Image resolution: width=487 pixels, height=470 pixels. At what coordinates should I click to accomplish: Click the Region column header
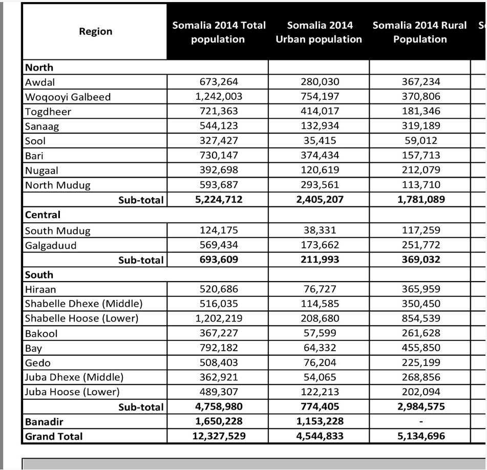(95, 32)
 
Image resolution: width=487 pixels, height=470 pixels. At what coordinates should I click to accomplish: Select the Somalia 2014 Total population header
(218, 32)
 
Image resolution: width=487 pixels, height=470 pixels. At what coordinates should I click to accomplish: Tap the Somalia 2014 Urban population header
(319, 32)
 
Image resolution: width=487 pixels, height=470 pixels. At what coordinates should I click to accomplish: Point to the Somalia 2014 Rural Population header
(419, 32)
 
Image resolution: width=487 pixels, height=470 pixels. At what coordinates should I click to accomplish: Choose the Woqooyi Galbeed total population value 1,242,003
(218, 97)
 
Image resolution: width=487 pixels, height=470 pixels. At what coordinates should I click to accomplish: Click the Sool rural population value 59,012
(420, 141)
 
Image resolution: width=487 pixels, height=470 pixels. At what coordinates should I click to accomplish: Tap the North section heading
(39, 67)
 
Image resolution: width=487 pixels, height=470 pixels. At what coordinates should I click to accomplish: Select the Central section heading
(43, 215)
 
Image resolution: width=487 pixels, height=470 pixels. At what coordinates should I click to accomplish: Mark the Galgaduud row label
(51, 245)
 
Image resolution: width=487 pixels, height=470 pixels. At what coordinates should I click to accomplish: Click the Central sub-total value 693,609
(218, 260)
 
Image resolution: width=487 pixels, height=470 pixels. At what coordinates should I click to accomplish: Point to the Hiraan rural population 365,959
(420, 289)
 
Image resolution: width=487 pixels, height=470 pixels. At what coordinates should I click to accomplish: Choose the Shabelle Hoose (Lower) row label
(82, 318)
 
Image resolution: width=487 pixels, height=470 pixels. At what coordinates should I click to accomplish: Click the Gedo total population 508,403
(218, 363)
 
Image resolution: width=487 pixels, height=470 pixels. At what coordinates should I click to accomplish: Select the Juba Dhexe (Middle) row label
(74, 378)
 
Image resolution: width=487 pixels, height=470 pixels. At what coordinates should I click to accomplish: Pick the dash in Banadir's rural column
(420, 422)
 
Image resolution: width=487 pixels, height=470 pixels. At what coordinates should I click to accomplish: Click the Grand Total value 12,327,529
(218, 437)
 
